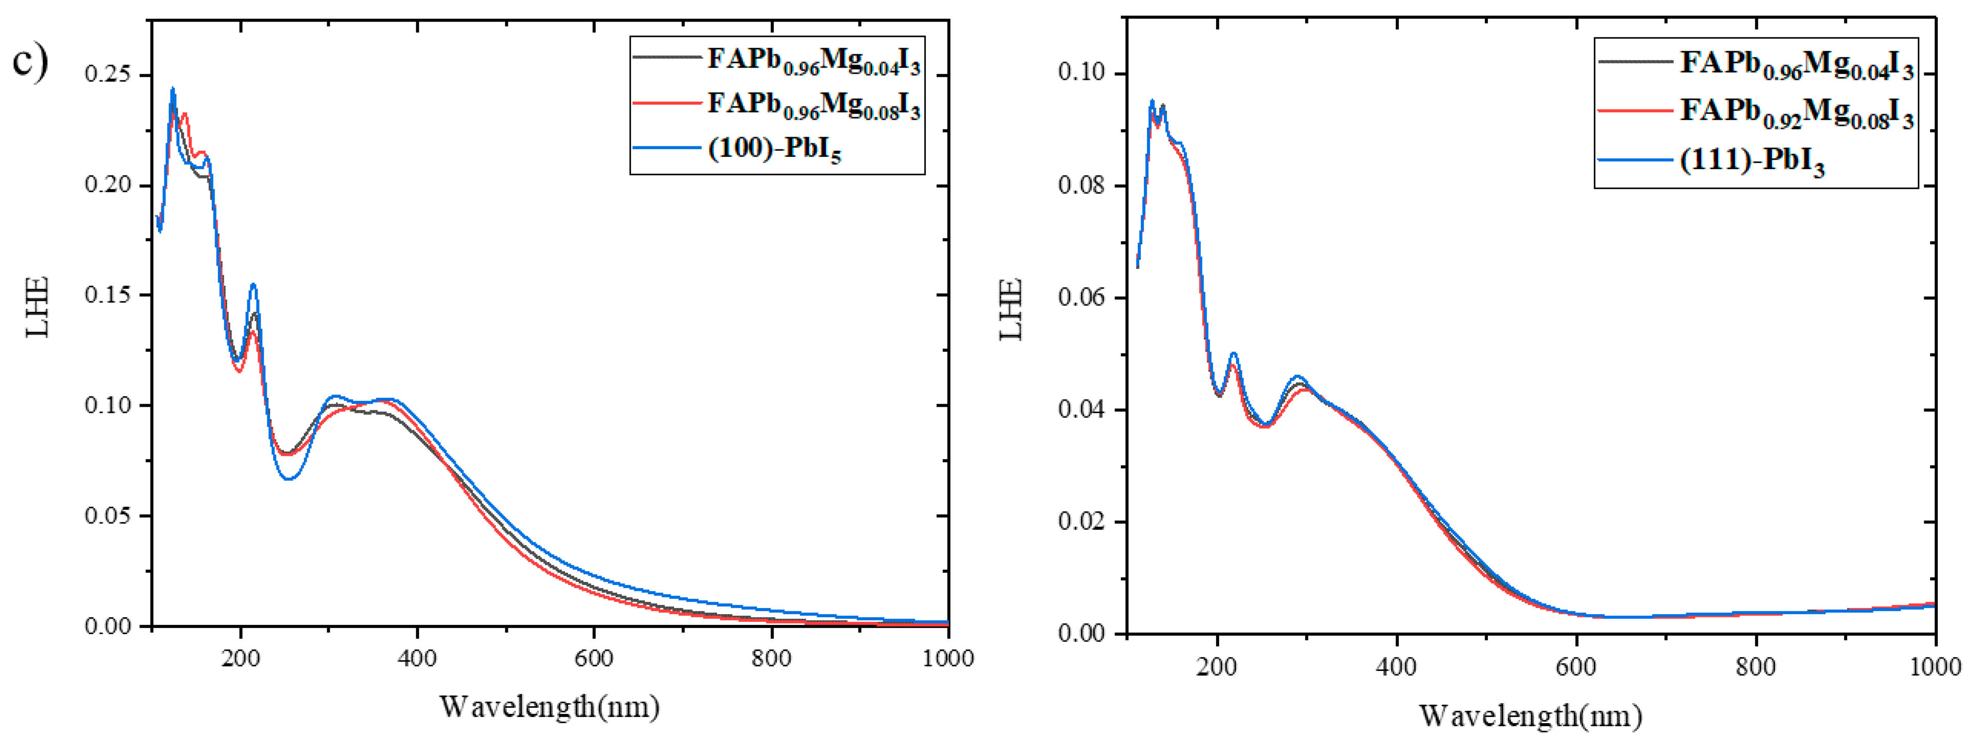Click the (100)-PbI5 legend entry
point(774,149)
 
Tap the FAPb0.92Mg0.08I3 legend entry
point(1796,111)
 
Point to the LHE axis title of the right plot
point(1011,309)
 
